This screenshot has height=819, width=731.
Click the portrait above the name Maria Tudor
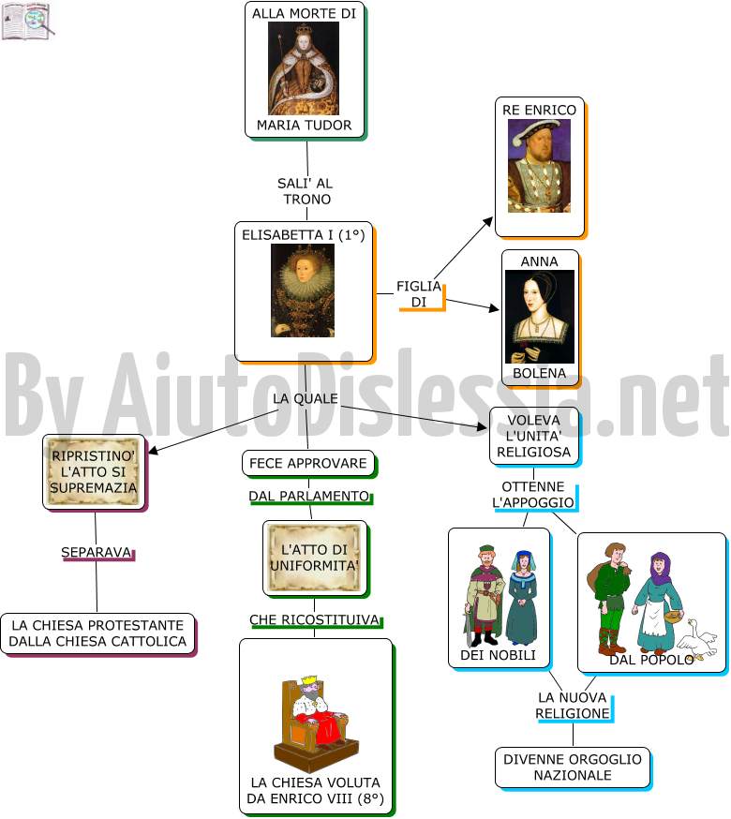304,67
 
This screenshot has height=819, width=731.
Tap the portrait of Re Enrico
539,166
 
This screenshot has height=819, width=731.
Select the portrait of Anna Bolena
540,317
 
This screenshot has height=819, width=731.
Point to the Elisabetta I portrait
303,290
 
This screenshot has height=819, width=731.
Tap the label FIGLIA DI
419,294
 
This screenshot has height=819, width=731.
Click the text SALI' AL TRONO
306,191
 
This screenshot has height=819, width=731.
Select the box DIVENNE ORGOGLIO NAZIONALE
573,767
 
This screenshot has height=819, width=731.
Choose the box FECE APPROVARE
308,463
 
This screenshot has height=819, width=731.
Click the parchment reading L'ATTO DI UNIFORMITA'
315,558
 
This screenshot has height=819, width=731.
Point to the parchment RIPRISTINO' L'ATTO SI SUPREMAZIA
94,472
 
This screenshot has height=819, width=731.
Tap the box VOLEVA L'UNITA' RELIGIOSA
534,436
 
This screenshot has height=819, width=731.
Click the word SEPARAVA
97,552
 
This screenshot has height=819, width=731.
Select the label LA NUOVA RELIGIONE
573,706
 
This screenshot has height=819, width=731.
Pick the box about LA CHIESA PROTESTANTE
97,633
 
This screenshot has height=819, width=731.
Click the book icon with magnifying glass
28,22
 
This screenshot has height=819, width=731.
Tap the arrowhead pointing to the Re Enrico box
488,221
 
